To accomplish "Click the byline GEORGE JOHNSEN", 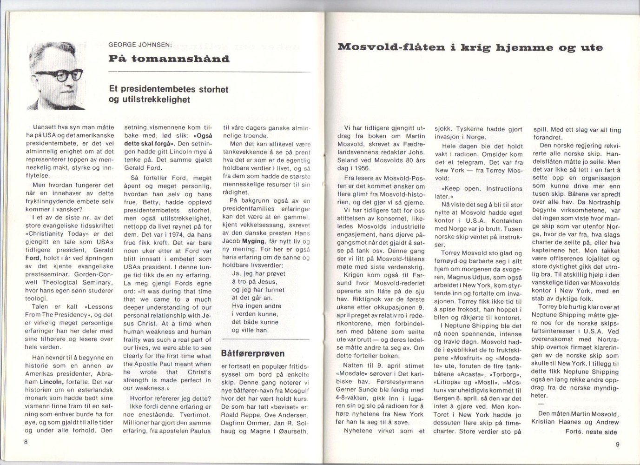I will click(x=140, y=45).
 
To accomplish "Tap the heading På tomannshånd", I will click(x=169, y=59).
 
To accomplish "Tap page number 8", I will click(x=27, y=442).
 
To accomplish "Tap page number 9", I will click(x=617, y=444).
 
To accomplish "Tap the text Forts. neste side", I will click(x=591, y=432).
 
